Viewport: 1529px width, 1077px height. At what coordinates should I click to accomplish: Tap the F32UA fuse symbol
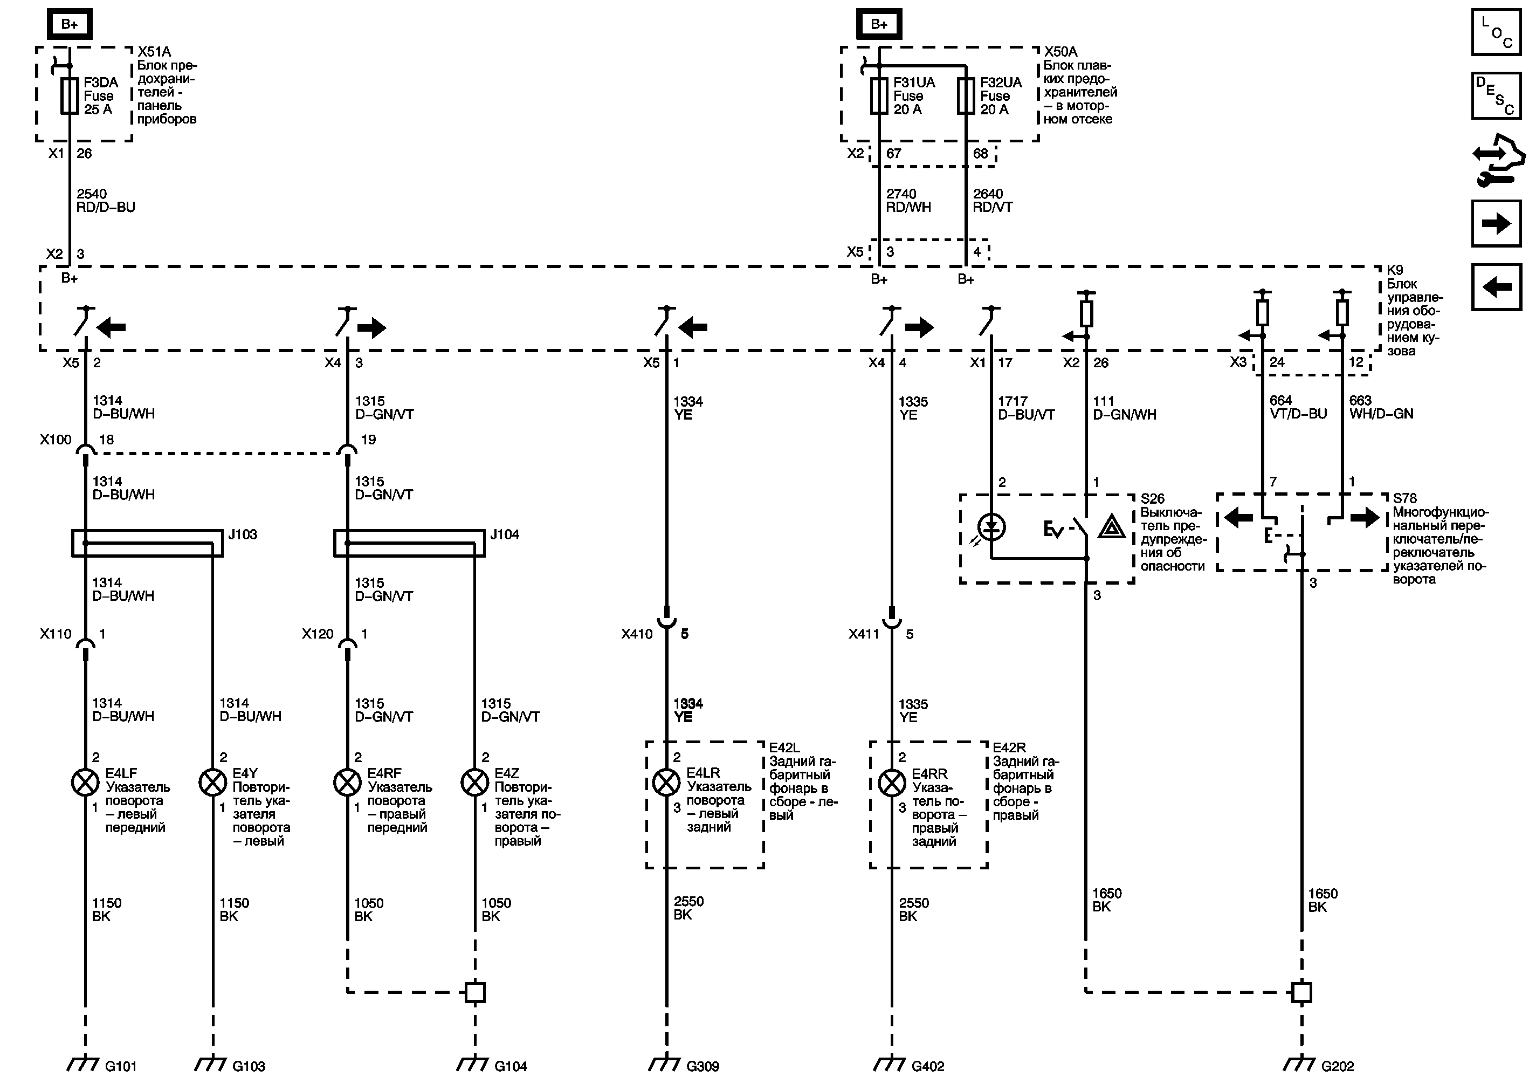point(966,97)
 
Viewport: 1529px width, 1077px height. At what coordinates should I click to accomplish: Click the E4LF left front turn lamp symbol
point(85,782)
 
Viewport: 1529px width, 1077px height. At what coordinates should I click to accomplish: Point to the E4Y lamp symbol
point(212,782)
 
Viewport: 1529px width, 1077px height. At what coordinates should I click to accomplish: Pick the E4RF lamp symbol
point(347,782)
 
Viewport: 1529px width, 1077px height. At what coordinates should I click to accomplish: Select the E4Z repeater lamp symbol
point(475,782)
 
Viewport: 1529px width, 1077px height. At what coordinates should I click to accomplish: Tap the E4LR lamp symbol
point(666,782)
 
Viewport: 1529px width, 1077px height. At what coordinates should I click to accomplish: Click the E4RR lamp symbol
point(892,783)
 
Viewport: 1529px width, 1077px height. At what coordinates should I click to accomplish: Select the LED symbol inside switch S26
point(992,527)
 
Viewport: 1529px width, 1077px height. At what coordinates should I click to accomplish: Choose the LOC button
point(1496,32)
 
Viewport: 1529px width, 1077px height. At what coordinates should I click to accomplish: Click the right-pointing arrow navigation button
point(1496,223)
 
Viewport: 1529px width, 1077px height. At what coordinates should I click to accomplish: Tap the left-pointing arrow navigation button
point(1496,287)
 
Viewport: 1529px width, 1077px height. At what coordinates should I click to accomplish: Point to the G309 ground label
point(702,1066)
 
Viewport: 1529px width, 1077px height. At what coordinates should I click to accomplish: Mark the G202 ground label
point(1337,1066)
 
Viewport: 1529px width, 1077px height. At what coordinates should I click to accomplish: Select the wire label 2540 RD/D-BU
point(105,201)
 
